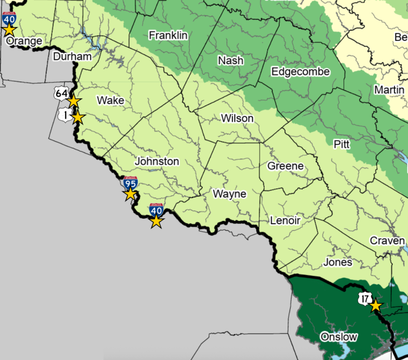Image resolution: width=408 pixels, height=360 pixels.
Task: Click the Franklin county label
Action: (168, 35)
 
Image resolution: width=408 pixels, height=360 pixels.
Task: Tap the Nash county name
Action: (230, 60)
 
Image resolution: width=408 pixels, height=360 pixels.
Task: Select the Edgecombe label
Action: (300, 71)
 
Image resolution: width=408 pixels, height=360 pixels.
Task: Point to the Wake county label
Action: (111, 101)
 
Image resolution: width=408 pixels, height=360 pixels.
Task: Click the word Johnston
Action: (157, 161)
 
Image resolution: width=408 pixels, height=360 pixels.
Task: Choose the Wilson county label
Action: (237, 119)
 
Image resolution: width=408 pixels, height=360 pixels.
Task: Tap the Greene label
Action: (285, 166)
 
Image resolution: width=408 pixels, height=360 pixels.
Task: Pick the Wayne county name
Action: (229, 194)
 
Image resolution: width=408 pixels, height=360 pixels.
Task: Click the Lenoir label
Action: (285, 220)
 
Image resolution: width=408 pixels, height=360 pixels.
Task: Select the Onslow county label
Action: (338, 337)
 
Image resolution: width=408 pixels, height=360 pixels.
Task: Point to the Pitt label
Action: (342, 145)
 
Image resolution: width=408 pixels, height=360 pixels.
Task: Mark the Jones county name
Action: (338, 262)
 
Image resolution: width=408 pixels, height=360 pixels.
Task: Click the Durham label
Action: (72, 57)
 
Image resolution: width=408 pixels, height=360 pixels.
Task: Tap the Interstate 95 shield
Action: (130, 182)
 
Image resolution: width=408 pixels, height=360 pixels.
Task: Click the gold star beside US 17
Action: (376, 306)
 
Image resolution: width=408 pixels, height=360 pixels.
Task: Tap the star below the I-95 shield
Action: (130, 194)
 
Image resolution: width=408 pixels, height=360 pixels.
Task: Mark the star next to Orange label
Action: (10, 29)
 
